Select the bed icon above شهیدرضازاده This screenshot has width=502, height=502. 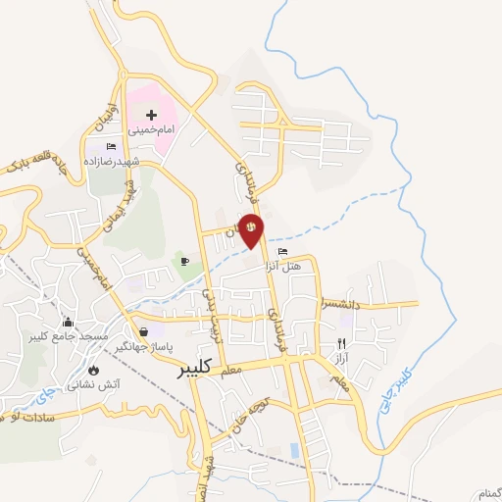(x=111, y=146)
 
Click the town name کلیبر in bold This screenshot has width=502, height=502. (x=195, y=370)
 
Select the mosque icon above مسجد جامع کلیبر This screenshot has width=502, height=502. (x=68, y=322)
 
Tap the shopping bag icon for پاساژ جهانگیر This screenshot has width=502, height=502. (x=145, y=332)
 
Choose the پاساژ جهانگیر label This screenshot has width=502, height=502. (x=145, y=347)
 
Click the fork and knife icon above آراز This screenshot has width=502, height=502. (x=341, y=344)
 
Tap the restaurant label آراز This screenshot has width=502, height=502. (x=341, y=359)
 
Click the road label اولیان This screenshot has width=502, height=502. (x=112, y=115)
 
